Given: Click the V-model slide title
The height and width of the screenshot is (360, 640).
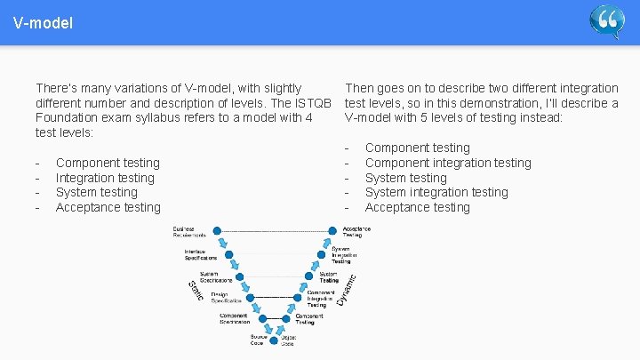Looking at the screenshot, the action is click(x=43, y=22).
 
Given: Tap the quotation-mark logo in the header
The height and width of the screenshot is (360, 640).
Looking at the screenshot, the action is click(x=607, y=21).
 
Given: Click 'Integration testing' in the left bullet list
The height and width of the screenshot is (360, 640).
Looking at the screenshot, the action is click(x=105, y=178).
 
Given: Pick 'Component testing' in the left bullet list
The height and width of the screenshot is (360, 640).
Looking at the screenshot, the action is click(x=108, y=163).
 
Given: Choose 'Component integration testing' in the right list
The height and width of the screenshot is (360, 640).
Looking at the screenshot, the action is click(x=448, y=163).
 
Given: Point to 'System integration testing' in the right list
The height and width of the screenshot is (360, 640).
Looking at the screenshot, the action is click(x=436, y=192).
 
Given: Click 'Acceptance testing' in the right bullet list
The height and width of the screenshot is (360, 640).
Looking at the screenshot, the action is click(x=418, y=207).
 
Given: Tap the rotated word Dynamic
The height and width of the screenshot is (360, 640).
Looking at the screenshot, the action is click(x=347, y=289).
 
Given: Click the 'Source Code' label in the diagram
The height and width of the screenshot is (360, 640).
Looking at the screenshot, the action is click(x=259, y=340).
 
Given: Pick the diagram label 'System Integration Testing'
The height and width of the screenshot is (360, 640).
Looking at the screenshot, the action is click(x=343, y=254).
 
